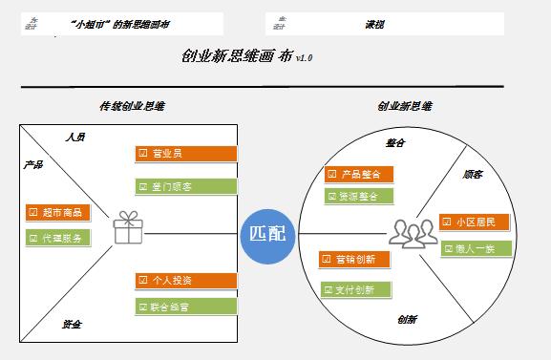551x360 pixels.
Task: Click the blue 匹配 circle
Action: coord(266,233)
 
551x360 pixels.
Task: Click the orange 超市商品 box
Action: coord(58,212)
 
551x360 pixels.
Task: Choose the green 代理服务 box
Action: coord(58,237)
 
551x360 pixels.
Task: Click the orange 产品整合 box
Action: coord(359,175)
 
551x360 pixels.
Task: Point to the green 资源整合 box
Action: coord(359,197)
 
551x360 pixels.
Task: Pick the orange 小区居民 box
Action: coord(475,222)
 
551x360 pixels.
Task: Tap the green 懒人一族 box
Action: coord(475,248)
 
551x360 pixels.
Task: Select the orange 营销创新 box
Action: coord(354,260)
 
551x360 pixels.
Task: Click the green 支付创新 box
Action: coord(354,288)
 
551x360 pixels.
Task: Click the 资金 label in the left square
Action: coord(71,325)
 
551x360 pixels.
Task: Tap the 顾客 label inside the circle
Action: coord(472,175)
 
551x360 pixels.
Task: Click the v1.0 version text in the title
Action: coord(305,59)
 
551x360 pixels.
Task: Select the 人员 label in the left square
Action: coord(76,138)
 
